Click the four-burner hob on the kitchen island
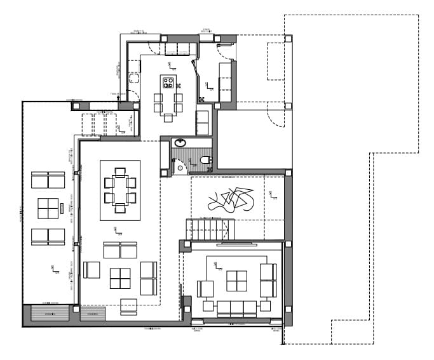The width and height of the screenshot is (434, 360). point(168,83)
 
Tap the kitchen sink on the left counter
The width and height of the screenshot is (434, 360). point(134,78)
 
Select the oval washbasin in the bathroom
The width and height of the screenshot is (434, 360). point(180,143)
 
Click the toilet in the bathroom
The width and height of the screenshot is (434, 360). point(205,160)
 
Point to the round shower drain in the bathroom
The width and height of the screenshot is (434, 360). point(180,168)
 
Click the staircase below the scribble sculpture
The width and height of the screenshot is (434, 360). point(210,229)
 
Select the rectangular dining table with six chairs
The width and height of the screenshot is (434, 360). point(120,190)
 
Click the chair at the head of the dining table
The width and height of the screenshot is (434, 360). point(120,171)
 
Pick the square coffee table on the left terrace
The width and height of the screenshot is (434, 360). point(48,208)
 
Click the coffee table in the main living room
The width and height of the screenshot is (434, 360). point(120,278)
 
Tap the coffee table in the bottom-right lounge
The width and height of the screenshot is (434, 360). point(237,281)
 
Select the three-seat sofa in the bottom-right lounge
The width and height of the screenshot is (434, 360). point(237,309)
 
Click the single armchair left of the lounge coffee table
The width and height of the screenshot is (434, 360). point(205,289)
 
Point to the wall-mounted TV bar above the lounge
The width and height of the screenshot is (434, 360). point(236,244)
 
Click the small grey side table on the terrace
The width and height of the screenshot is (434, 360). point(62,208)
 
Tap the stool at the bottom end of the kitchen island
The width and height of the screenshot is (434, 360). point(168,117)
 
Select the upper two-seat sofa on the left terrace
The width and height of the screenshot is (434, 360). point(48,180)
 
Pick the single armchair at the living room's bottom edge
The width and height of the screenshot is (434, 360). point(128,306)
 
